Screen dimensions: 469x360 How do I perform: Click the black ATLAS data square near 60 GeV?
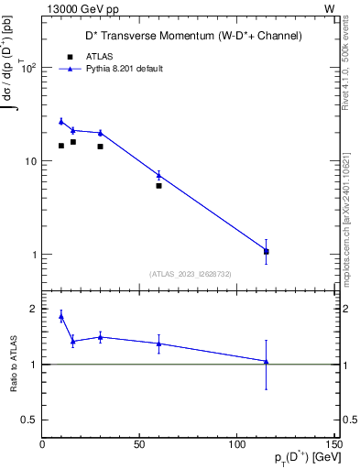pos(158,186)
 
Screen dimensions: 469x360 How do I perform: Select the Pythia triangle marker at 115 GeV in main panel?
pos(266,250)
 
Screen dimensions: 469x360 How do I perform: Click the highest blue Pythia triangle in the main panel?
pos(61,121)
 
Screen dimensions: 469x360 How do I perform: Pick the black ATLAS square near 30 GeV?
pos(100,147)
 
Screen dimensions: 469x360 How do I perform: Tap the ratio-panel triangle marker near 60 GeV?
pos(158,344)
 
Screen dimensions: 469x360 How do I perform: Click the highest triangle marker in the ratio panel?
pos(61,316)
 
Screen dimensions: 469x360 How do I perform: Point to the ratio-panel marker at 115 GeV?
pos(266,362)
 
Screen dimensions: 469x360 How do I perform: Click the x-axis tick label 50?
pos(139,444)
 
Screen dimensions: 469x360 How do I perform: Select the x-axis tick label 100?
pos(236,444)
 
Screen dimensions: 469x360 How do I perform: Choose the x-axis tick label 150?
pos(333,444)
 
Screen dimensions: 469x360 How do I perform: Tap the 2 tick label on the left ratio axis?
pos(33,309)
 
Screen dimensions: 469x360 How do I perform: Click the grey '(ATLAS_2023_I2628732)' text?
pos(191,273)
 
